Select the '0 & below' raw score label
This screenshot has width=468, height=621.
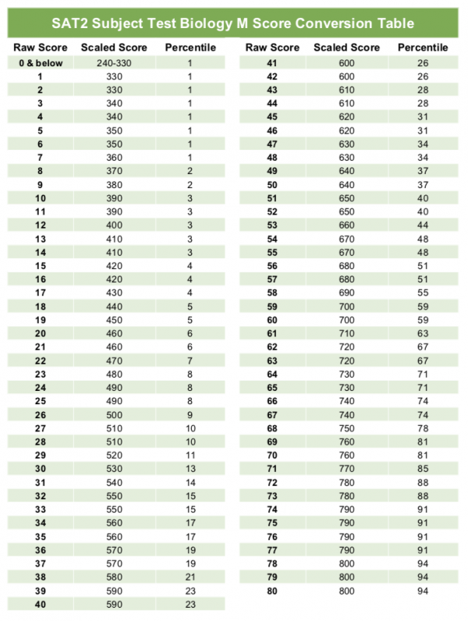[39, 62]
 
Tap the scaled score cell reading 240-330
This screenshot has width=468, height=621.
[113, 62]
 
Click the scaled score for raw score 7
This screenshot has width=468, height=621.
[113, 157]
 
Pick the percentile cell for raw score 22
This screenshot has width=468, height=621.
[189, 360]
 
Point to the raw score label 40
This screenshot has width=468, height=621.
[39, 604]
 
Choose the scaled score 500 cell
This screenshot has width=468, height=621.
[113, 414]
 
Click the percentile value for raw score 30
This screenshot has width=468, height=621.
[189, 468]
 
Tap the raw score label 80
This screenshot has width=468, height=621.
[272, 591]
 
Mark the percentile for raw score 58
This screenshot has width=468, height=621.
[423, 293]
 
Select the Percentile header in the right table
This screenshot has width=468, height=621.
[423, 48]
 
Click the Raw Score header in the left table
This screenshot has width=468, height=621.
[39, 48]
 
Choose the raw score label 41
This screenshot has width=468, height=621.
[272, 62]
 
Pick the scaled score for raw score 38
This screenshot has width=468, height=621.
[113, 577]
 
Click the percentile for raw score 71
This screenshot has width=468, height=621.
[423, 469]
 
